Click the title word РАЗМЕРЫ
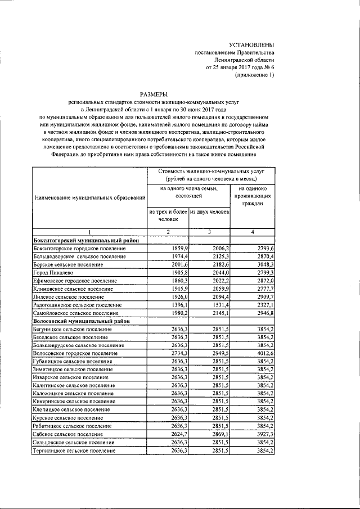pyautogui.click(x=154, y=94)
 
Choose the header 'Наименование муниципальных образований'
pyautogui.click(x=89, y=198)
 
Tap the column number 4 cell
pyautogui.click(x=252, y=232)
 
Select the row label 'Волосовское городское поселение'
pyautogui.click(x=75, y=353)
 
